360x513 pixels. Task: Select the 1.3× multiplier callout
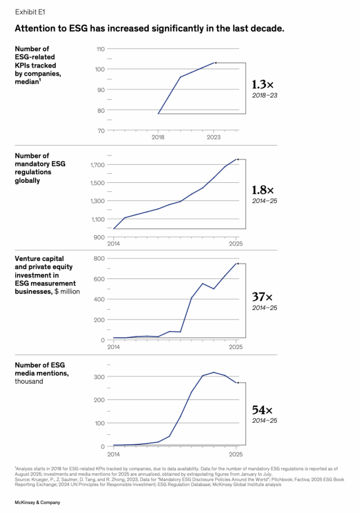pyautogui.click(x=262, y=85)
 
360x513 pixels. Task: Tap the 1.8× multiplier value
pyautogui.click(x=263, y=190)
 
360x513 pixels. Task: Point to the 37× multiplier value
pyautogui.click(x=262, y=297)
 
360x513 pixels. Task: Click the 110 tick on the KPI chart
pyautogui.click(x=100, y=49)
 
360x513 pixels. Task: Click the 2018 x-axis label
pyautogui.click(x=158, y=136)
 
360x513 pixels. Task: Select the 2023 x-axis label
pyautogui.click(x=214, y=136)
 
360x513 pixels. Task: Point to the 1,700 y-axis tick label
pyautogui.click(x=97, y=165)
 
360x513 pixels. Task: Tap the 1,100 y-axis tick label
pyautogui.click(x=97, y=219)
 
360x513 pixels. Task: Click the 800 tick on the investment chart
pyautogui.click(x=99, y=259)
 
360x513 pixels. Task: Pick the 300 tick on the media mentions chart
pyautogui.click(x=99, y=376)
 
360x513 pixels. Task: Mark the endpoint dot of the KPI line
pyautogui.click(x=216, y=63)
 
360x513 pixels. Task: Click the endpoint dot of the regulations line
pyautogui.click(x=238, y=159)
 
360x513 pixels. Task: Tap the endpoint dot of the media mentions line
pyautogui.click(x=238, y=383)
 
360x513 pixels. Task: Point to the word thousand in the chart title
pyautogui.click(x=29, y=381)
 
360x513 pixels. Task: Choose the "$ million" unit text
pyautogui.click(x=67, y=291)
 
